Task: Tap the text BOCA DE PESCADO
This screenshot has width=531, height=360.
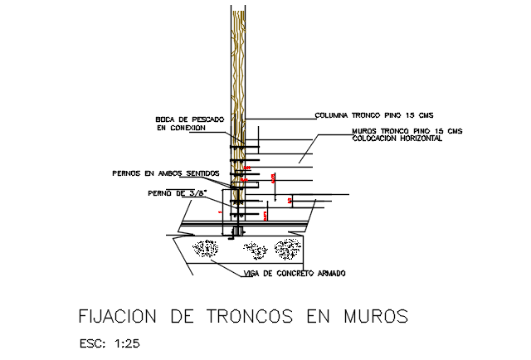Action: tap(188, 119)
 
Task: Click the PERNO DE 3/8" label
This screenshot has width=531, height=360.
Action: tap(175, 193)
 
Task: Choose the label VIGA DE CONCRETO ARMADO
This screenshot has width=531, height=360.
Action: tap(295, 274)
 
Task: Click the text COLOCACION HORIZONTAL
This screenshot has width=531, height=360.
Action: tap(397, 139)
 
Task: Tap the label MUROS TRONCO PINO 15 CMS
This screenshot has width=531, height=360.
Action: tap(407, 131)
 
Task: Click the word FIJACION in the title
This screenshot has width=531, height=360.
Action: tap(117, 316)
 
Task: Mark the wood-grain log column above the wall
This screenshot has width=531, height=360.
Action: tap(238, 58)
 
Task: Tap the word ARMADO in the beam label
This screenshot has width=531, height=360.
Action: tap(329, 274)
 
